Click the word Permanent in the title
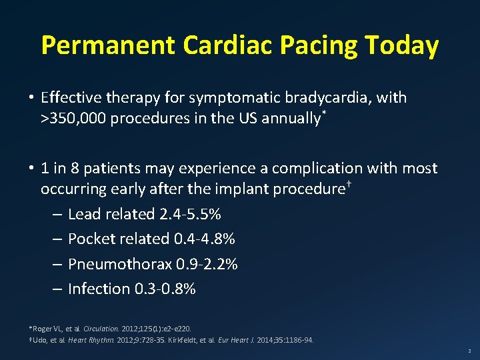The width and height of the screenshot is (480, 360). [x=107, y=45]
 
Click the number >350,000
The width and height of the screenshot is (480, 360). [x=74, y=119]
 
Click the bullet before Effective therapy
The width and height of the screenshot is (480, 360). [x=31, y=98]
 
